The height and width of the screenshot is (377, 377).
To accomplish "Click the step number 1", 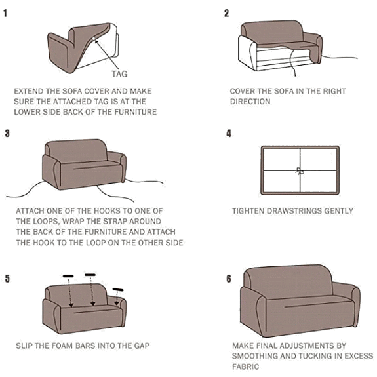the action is [x=5, y=13].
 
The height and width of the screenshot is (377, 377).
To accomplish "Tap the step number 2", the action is [x=226, y=13].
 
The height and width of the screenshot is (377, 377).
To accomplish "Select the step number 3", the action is [x=7, y=133].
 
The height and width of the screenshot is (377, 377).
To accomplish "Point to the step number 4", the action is [x=229, y=133].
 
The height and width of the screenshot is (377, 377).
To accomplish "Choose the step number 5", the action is [x=7, y=279].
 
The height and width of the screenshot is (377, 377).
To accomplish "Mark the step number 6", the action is [x=229, y=279].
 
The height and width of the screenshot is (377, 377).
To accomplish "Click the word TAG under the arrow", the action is [x=119, y=74].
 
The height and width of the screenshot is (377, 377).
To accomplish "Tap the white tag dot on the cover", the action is [x=94, y=39].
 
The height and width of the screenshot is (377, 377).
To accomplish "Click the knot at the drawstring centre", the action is [x=300, y=171].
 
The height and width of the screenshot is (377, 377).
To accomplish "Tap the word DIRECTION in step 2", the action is [x=250, y=102].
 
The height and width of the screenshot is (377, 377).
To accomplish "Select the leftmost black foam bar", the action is [x=68, y=276].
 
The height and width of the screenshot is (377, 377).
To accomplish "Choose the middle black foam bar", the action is [x=90, y=275].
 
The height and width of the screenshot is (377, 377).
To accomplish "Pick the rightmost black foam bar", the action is [x=118, y=290].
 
